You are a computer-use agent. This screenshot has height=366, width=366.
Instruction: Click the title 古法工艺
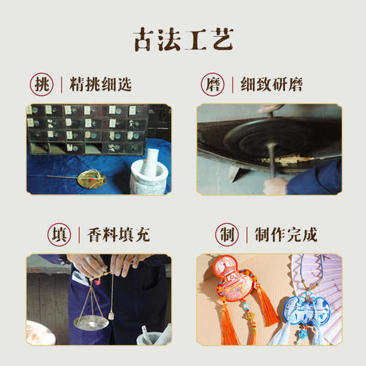(182, 40)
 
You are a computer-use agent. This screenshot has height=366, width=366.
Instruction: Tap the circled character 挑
(41, 85)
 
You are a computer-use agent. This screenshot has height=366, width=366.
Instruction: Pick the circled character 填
(41, 234)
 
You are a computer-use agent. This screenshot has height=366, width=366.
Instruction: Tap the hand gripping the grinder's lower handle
(277, 184)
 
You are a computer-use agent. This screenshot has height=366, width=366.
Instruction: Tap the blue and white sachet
(301, 313)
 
